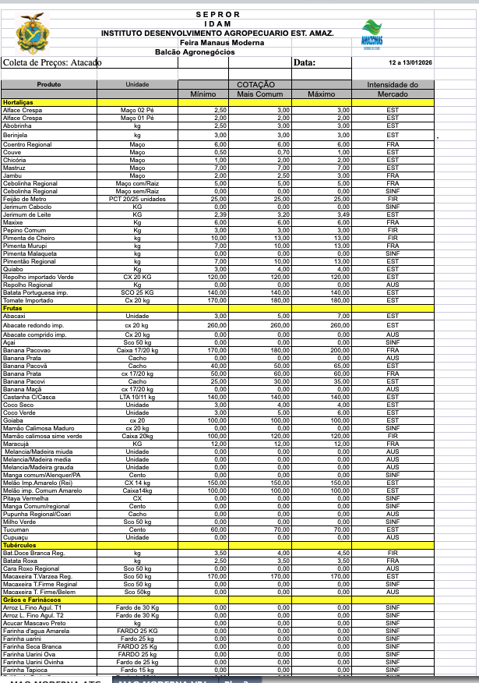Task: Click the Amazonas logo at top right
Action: (372, 35)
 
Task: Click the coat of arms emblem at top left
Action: (31, 35)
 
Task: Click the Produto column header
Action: (48, 84)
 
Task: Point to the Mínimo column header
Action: (203, 94)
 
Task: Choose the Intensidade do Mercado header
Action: (393, 89)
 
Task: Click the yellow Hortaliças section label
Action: (18, 102)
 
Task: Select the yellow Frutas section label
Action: (13, 309)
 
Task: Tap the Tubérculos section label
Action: (20, 546)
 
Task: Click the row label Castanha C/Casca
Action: (29, 397)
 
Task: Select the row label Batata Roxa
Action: (21, 561)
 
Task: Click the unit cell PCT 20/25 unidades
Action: (137, 199)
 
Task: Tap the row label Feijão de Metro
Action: (24, 199)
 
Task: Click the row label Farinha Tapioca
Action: (26, 670)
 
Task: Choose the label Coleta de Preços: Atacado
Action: (52, 62)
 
